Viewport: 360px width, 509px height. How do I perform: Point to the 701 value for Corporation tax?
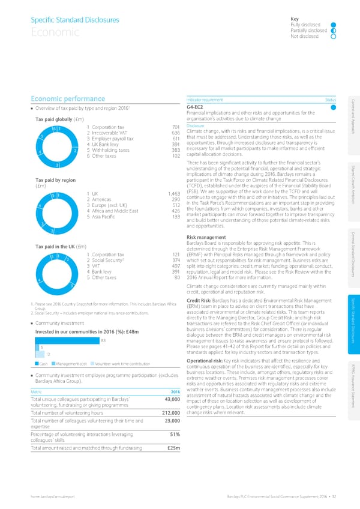tap(176, 127)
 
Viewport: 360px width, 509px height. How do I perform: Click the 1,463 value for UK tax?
tap(173, 176)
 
